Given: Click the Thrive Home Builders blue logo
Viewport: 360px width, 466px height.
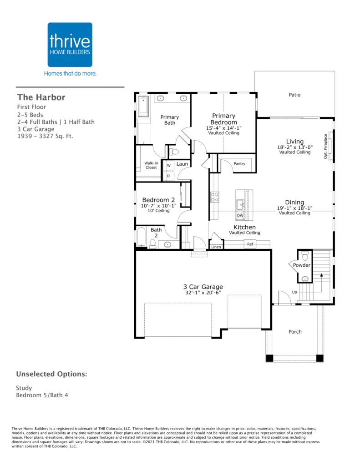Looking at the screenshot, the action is (70, 45).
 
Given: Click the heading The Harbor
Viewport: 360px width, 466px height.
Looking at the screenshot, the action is (41, 97).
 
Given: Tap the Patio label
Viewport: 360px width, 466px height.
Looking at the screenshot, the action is (294, 95).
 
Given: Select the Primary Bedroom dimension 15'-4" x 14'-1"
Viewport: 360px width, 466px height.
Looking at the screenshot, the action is (224, 128).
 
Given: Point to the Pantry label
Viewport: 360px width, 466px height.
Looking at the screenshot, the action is (239, 163).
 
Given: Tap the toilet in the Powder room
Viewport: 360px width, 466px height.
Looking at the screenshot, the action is (305, 256).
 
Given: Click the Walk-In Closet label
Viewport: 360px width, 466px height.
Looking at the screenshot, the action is (151, 165).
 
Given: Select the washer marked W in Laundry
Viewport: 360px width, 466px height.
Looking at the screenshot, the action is (168, 165).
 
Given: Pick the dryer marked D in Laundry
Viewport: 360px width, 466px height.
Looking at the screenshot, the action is (168, 176).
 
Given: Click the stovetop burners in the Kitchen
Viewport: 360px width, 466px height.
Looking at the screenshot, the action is (215, 197).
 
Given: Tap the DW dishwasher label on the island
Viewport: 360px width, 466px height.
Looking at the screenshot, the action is (240, 215).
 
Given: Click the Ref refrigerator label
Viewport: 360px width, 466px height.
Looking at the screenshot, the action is (250, 244).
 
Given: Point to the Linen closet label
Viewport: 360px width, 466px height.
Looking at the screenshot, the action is (216, 247).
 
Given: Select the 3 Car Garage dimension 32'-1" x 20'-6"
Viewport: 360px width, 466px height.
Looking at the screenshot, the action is (203, 293).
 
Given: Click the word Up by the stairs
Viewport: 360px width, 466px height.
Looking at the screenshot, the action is (294, 292).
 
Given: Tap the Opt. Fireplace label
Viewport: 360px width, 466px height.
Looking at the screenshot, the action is (325, 146).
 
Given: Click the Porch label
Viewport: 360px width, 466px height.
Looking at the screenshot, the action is (295, 332).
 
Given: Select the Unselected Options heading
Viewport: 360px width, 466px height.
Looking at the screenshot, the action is (52, 374).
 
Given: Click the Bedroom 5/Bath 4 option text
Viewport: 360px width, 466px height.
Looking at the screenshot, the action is (42, 395).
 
